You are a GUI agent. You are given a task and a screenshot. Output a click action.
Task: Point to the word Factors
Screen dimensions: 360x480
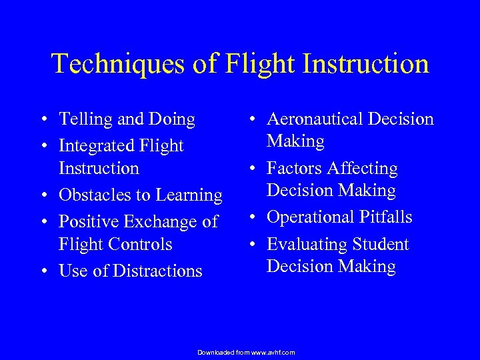coord(294,169)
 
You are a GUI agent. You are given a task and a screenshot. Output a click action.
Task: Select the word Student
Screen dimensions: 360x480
coord(379,244)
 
